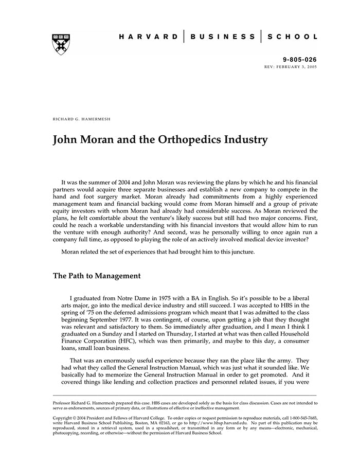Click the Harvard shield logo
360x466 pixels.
[61, 44]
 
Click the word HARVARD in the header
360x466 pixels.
[148, 37]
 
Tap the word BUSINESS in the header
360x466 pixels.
[222, 37]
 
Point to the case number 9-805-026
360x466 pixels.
[303, 60]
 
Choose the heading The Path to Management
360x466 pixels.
[97, 276]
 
